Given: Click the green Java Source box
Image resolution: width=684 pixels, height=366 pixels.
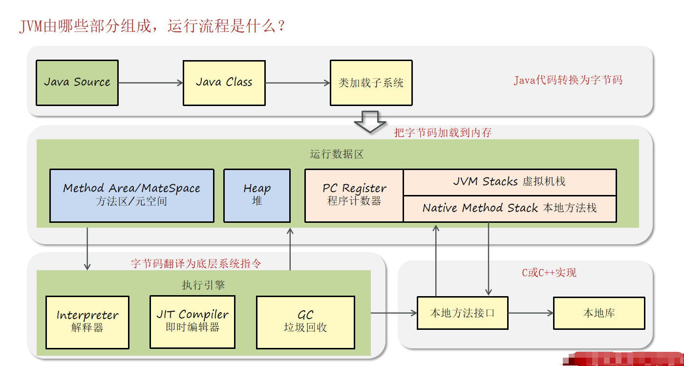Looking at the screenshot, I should [x=77, y=83].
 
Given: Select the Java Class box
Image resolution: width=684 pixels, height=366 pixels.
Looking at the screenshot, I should [x=224, y=83].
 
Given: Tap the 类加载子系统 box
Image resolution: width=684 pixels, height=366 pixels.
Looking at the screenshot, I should [x=371, y=83].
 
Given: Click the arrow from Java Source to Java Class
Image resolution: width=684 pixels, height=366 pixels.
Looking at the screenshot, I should [x=150, y=83].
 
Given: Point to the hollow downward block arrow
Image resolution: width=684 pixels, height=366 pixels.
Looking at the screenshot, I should [x=370, y=122].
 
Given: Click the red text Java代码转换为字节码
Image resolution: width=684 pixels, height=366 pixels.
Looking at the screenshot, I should [x=568, y=80].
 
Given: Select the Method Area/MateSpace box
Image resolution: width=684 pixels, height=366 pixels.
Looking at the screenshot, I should [x=132, y=195].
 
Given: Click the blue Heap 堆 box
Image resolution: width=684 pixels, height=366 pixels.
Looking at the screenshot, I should [x=257, y=195].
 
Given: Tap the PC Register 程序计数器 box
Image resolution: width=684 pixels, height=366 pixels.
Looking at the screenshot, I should [x=354, y=195].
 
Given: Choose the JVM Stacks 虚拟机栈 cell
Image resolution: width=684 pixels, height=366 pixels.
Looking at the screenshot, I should [x=510, y=182].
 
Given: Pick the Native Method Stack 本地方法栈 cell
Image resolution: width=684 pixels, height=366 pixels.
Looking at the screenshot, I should [x=510, y=208].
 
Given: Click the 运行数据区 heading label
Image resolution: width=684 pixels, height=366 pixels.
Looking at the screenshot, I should [x=337, y=154].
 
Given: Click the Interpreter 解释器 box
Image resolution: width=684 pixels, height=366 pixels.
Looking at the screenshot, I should [x=87, y=322].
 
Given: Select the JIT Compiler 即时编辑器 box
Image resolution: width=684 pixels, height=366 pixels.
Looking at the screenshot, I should [x=192, y=321].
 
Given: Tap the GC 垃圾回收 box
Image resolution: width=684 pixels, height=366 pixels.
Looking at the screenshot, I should [x=305, y=322].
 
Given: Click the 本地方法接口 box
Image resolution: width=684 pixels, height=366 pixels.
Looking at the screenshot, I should [x=462, y=313].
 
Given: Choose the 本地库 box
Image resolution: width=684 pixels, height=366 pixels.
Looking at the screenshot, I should [x=599, y=313].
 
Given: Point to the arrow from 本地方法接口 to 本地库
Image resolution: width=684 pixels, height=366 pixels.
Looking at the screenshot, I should [x=531, y=313].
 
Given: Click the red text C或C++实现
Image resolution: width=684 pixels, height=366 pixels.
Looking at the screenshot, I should [x=549, y=273].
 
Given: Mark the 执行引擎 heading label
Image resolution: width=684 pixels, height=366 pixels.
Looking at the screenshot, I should [x=203, y=285].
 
